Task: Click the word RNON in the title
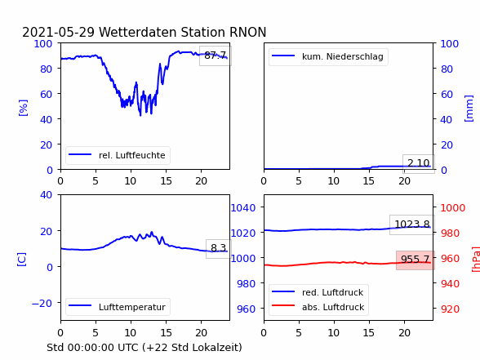pyautogui.click(x=247, y=32)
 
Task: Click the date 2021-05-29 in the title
pyautogui.click(x=59, y=32)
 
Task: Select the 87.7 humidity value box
pyautogui.click(x=216, y=56)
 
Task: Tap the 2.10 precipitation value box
pyautogui.click(x=419, y=163)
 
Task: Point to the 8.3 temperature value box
pyautogui.click(x=218, y=248)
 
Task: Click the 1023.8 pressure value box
pyautogui.click(x=412, y=224)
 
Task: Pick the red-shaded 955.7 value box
pyautogui.click(x=416, y=260)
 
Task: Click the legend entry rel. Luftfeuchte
pyautogui.click(x=118, y=155)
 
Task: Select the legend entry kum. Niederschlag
pyautogui.click(x=328, y=56)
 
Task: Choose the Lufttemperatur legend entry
pyautogui.click(x=118, y=307)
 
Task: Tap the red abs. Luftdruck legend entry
pyautogui.click(x=318, y=307)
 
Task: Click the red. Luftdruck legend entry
pyautogui.click(x=318, y=292)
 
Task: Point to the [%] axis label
pyautogui.click(x=23, y=108)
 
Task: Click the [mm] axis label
pyautogui.click(x=469, y=109)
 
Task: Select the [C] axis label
pyautogui.click(x=22, y=260)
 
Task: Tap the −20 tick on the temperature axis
pyautogui.click(x=42, y=303)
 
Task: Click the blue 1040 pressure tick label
pyautogui.click(x=243, y=208)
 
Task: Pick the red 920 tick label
pyautogui.click(x=450, y=309)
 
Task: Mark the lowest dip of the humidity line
pyautogui.click(x=140, y=115)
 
